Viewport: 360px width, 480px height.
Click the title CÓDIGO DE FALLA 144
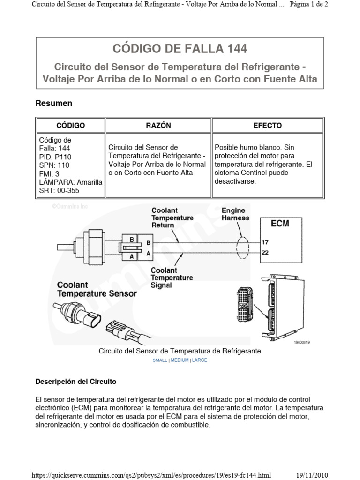180,48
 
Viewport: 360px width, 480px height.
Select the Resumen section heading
54,103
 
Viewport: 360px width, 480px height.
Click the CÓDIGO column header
70,126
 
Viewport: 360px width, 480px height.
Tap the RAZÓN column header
158,126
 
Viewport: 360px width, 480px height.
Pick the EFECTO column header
267,126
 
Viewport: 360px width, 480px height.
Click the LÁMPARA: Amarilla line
70,182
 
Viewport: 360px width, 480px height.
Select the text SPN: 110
54,165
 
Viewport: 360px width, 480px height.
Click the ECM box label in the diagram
280,223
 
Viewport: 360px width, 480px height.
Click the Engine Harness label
235,214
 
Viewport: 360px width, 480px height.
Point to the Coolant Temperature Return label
172,217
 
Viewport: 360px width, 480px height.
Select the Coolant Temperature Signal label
172,277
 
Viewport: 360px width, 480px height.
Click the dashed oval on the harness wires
242,248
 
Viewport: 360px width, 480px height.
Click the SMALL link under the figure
160,360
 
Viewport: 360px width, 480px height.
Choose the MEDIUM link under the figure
180,360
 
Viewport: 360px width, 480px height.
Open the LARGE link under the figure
199,360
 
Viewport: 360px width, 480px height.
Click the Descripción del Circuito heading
76,382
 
